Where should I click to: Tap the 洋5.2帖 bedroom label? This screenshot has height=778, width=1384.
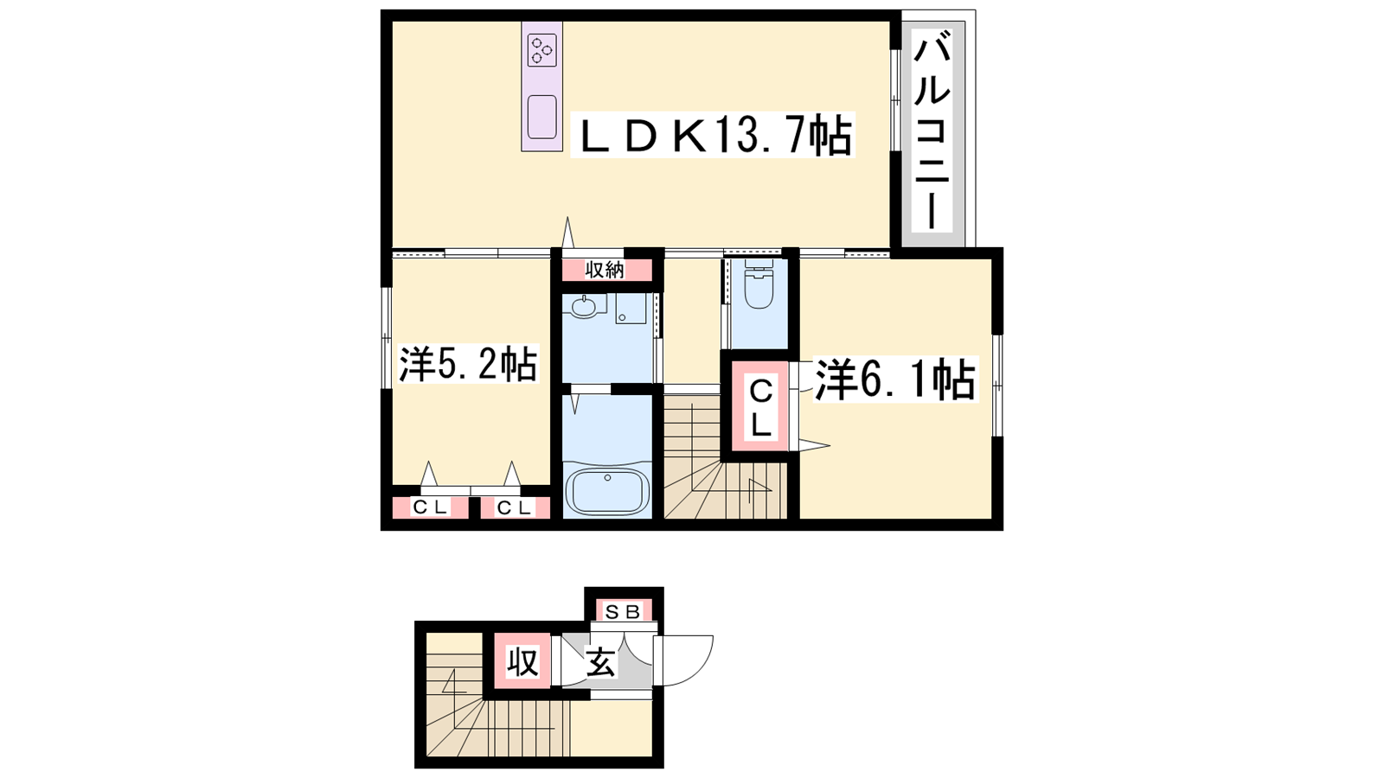click(x=468, y=365)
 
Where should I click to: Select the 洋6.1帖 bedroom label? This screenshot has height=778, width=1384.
click(x=894, y=379)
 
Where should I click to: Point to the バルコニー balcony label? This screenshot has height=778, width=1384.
click(x=932, y=134)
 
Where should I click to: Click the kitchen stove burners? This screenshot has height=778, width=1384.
click(x=541, y=49)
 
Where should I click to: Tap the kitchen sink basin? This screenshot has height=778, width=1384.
click(x=541, y=117)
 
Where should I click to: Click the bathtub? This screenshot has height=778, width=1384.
click(x=608, y=492)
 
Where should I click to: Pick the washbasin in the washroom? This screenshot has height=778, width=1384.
click(x=584, y=306)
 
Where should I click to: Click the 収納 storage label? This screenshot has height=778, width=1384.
click(x=605, y=270)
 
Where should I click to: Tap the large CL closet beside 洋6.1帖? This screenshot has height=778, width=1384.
click(x=760, y=408)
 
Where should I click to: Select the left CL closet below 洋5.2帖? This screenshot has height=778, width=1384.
click(x=430, y=508)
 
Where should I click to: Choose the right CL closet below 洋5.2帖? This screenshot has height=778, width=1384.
click(x=516, y=508)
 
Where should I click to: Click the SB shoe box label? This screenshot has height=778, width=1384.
click(x=622, y=612)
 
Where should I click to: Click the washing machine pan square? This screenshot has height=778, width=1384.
click(x=631, y=308)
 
